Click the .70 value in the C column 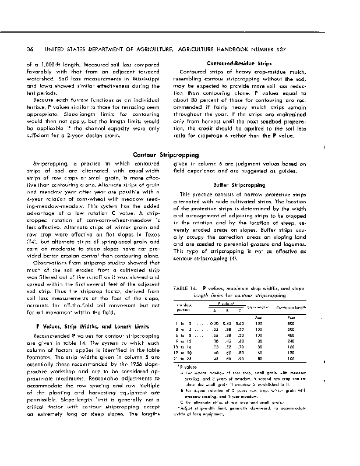[239, 347]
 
